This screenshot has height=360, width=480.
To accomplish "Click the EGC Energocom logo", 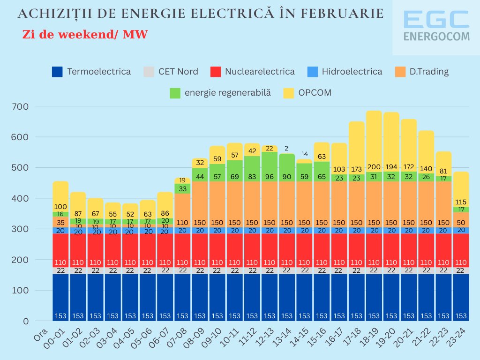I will click(436, 27).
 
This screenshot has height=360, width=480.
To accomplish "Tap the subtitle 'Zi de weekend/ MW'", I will click(85, 35).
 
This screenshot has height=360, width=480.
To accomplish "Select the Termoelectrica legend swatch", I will click(57, 72).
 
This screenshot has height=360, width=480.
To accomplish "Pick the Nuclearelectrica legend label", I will click(259, 72).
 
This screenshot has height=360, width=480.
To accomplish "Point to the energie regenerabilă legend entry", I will click(227, 92).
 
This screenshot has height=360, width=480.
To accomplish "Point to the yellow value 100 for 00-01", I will click(60, 206).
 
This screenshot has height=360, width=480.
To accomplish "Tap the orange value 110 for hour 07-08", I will click(182, 223).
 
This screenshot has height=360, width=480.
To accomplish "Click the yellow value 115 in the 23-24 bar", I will click(461, 202).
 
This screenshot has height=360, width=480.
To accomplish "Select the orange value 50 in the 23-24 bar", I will click(461, 223).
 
